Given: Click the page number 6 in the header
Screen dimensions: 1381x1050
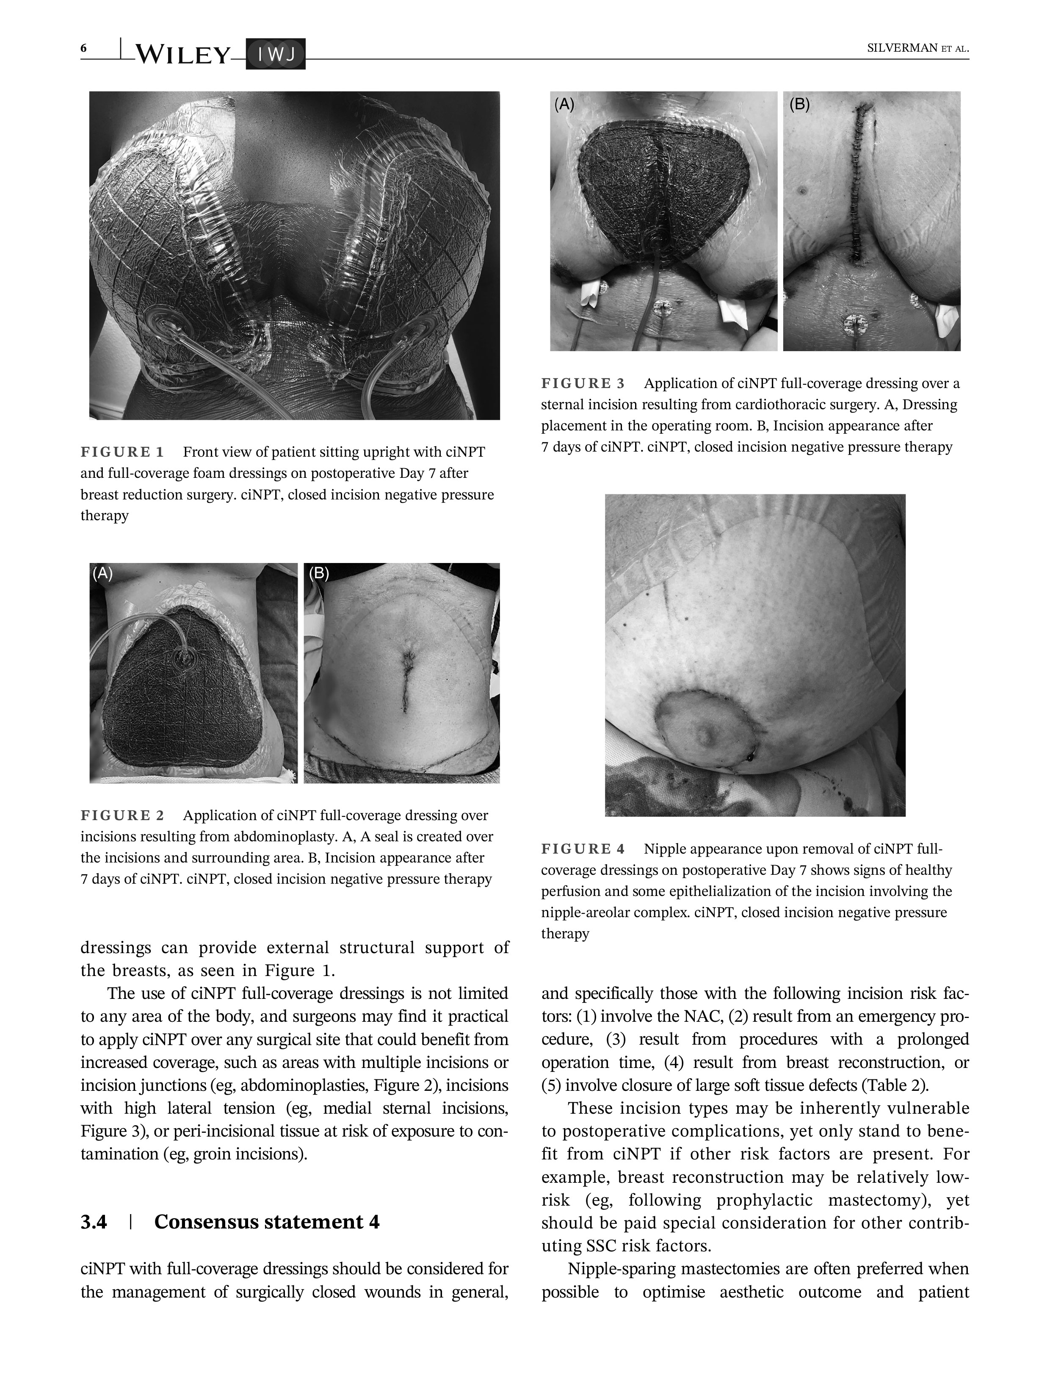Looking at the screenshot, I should click(x=83, y=49).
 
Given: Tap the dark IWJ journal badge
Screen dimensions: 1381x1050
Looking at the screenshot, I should click(x=275, y=55).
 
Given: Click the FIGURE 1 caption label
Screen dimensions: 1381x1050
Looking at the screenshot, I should click(x=122, y=452).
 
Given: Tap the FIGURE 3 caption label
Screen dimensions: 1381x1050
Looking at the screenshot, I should click(x=583, y=383).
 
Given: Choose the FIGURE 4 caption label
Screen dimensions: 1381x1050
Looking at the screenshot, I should click(x=583, y=849).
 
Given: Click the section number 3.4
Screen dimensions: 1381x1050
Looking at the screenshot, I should click(x=94, y=1222).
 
